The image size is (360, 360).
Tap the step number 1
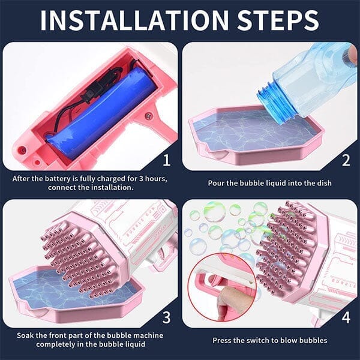tap(166, 161)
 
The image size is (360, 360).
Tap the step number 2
tap(346, 161)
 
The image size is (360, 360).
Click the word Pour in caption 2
tap(217, 182)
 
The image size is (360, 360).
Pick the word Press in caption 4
tap(223, 340)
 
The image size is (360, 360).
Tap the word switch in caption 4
tap(259, 340)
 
